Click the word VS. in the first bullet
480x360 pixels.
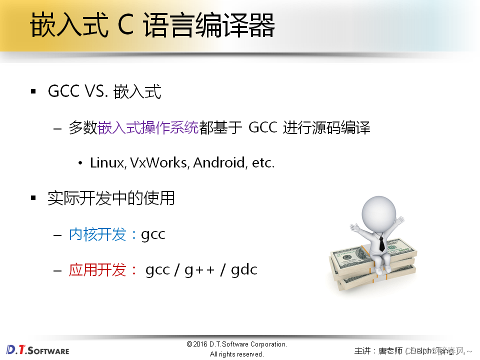click(x=95, y=92)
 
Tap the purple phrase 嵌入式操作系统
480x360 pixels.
click(x=148, y=128)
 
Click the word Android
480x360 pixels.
click(x=219, y=163)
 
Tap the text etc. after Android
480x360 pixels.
click(x=262, y=163)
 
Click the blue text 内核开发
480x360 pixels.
click(x=97, y=234)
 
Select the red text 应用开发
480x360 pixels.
click(x=97, y=270)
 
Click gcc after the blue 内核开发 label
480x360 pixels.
click(x=153, y=235)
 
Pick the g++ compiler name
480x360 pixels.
click(x=199, y=270)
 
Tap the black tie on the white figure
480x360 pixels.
click(x=381, y=243)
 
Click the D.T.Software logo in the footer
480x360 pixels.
click(x=37, y=349)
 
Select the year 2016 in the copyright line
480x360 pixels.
click(x=201, y=344)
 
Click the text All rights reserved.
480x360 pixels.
click(x=236, y=354)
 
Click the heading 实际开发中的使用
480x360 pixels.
click(x=111, y=198)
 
